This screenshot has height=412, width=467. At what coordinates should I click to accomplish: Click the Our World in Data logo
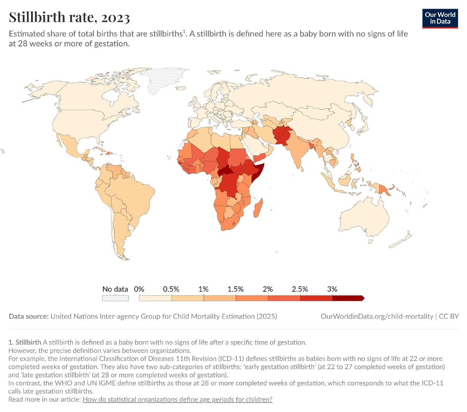pos(440,18)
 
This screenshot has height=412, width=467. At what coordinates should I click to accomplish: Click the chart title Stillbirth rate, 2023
pos(69,17)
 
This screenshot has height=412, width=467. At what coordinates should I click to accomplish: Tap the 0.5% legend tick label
pos(171,289)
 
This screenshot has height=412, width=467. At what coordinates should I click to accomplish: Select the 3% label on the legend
pos(332,289)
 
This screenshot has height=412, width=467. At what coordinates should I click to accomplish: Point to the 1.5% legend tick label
pos(236,289)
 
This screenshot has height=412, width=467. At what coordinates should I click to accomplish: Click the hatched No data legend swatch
pos(115,298)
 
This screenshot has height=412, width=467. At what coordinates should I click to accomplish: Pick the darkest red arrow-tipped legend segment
pos(348,298)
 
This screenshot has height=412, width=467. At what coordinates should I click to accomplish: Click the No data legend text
pos(115,289)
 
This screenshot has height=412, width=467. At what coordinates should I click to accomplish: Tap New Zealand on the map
pos(401,240)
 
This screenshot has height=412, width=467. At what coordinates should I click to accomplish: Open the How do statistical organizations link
pos(177,399)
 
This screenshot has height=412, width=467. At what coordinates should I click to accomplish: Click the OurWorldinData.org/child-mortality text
pos(377,316)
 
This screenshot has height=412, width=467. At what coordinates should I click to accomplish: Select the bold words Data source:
pos(28,316)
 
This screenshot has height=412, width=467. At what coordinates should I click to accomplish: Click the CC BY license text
pos(448,316)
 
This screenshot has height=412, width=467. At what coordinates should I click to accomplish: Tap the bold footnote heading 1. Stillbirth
pos(25,342)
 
